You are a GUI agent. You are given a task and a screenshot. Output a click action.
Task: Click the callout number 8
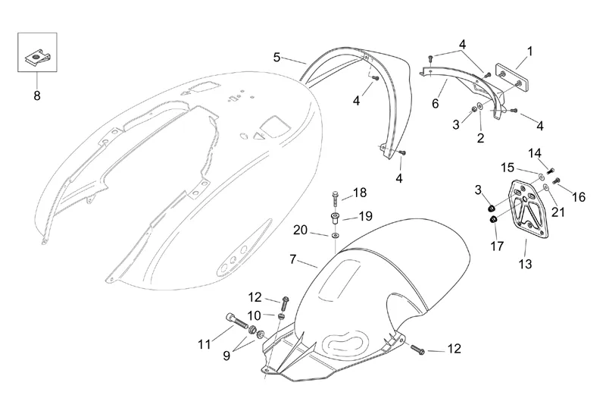(36, 96)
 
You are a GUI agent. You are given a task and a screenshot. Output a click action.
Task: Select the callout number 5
(277, 57)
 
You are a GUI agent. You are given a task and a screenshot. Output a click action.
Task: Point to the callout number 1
(529, 52)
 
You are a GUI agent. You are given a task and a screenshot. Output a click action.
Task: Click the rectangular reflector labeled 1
(512, 76)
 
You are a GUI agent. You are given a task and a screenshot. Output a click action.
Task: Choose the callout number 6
(435, 103)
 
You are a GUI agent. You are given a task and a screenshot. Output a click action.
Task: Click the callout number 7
(292, 260)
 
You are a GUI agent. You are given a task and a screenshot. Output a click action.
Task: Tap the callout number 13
(525, 265)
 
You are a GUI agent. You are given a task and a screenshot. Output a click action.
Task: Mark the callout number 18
(359, 192)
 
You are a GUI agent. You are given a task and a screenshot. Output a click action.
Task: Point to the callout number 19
(365, 216)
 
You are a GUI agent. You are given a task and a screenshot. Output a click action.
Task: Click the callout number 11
(204, 344)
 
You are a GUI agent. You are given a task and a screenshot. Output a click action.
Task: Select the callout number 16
(579, 197)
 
